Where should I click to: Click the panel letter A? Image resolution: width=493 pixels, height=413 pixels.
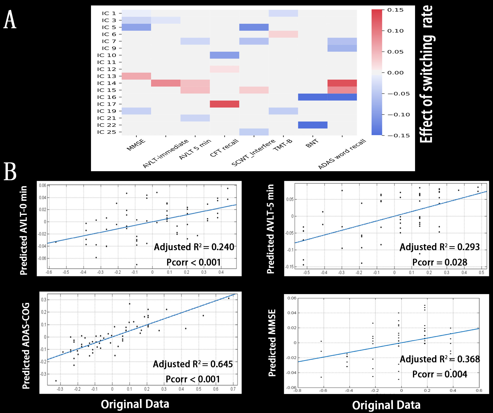pos(10,20)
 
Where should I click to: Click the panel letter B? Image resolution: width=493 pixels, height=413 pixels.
pos(10,171)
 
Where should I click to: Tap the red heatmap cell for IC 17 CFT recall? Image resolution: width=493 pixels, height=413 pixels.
pos(224,104)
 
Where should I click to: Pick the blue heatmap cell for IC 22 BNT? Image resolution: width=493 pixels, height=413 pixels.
pos(313,125)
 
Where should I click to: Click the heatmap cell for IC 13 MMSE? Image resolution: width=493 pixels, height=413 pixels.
pos(136,76)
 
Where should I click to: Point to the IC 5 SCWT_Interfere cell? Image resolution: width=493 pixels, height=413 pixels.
pos(254,27)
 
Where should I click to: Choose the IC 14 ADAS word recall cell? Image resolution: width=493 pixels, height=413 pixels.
pos(342,83)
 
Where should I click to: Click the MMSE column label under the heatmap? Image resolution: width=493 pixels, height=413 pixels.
pos(136,145)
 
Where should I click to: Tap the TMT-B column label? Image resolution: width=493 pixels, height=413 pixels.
pos(283,145)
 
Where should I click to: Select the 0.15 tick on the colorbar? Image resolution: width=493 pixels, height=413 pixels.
pos(395,10)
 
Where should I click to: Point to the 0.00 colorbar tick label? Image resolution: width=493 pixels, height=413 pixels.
pos(395,73)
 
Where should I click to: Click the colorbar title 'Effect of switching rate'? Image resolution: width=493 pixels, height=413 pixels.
pos(427,74)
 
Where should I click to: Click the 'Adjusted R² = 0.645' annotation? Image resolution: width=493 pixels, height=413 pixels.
pos(193,364)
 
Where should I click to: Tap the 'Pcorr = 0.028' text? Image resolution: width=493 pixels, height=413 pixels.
pos(440,262)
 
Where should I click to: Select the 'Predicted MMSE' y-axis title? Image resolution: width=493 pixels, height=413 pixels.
pos(272,343)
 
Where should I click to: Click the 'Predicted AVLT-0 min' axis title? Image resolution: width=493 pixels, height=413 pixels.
pos(24,230)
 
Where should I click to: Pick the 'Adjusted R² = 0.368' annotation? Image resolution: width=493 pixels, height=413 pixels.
pos(440,359)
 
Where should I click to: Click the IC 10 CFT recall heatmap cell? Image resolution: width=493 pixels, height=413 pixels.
pos(224,55)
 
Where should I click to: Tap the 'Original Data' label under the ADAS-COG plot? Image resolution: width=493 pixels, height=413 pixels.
pos(135,404)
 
